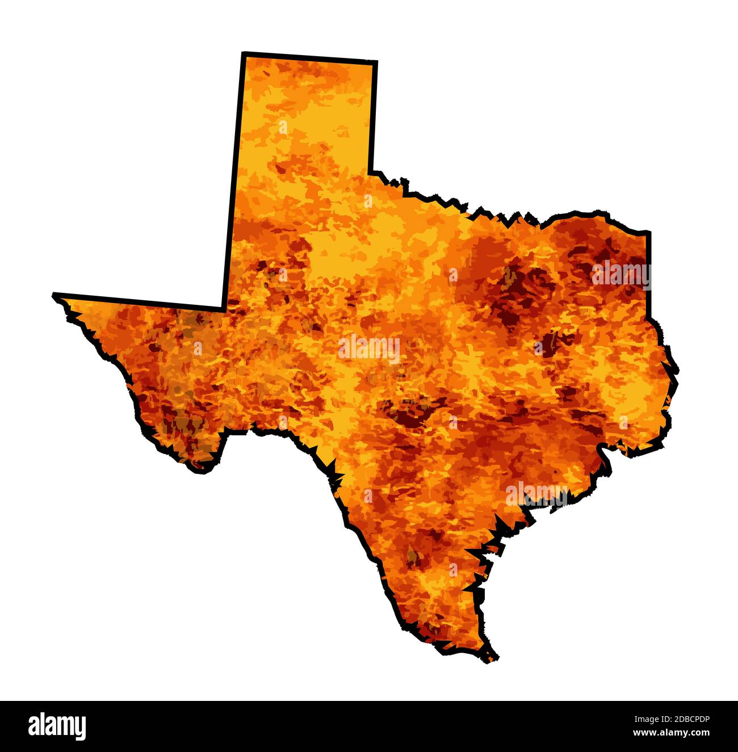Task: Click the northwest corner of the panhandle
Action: [x=244, y=54]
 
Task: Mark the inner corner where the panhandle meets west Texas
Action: [x=224, y=309]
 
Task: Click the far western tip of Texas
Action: [x=54, y=295]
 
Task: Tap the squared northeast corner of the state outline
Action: [x=649, y=232]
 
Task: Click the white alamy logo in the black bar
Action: [x=57, y=726]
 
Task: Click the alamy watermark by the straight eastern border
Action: [x=620, y=275]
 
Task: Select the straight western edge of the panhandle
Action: [x=234, y=182]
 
